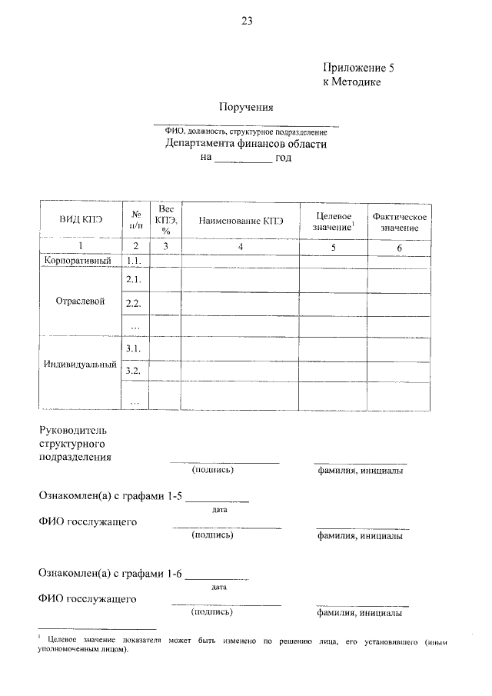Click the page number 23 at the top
[x=247, y=22]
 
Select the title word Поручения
[x=248, y=107]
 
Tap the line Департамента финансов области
[x=245, y=143]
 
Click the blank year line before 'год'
[x=242, y=160]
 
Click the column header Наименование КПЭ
[x=241, y=221]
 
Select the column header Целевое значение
[x=334, y=221]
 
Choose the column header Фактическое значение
[x=399, y=221]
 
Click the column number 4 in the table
[x=241, y=247]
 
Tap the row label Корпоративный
[x=80, y=261]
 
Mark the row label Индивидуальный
[x=80, y=365]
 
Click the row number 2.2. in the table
[x=135, y=304]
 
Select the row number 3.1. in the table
[x=135, y=348]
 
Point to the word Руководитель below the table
[x=77, y=428]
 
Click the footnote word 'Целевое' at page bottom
[x=65, y=640]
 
